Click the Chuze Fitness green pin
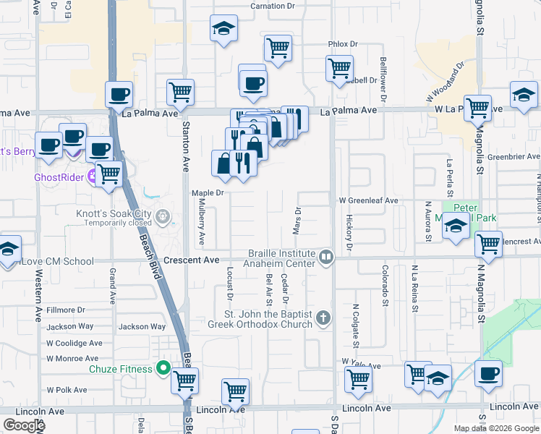click(x=164, y=368)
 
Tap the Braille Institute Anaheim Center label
click(x=282, y=258)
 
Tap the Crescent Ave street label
click(x=191, y=260)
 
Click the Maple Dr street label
click(x=208, y=193)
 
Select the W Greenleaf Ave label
click(x=368, y=200)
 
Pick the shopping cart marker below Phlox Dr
click(x=339, y=69)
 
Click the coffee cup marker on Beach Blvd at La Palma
click(x=119, y=95)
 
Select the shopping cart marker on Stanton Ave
click(x=180, y=93)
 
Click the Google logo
click(x=24, y=425)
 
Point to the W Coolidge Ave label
click(x=74, y=343)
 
